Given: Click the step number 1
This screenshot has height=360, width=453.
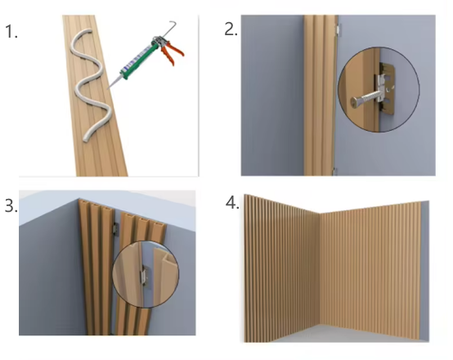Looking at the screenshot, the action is click(11, 32).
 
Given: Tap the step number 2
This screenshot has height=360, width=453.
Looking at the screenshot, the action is click(231, 29).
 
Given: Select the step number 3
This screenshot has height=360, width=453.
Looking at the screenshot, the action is click(11, 206).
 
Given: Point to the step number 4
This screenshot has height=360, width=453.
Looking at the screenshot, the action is click(232, 202).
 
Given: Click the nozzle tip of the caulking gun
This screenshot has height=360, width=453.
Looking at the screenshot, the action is click(109, 88).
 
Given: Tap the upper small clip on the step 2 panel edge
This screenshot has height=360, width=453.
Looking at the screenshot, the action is click(337, 29).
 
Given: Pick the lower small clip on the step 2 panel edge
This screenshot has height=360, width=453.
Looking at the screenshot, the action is click(334, 171).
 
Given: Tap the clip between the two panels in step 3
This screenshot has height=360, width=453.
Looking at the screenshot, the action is click(115, 228).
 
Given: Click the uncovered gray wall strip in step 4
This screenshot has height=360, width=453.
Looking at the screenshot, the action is click(424, 271).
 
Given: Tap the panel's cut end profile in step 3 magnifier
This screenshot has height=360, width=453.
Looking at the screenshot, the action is click(164, 257).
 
